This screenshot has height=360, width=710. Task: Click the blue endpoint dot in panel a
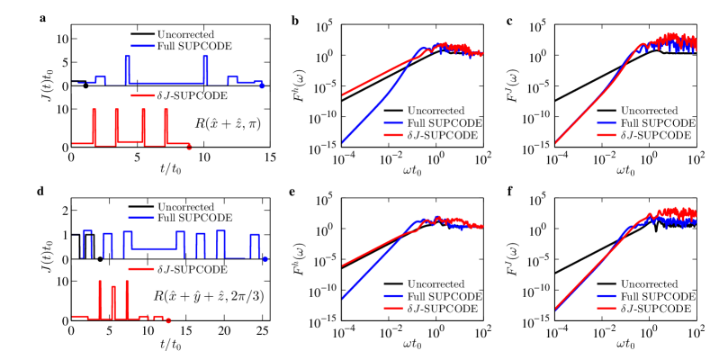262,85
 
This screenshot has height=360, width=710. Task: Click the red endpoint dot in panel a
188,146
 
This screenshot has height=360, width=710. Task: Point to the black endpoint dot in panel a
85,85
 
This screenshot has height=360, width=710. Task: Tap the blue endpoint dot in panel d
265,259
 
